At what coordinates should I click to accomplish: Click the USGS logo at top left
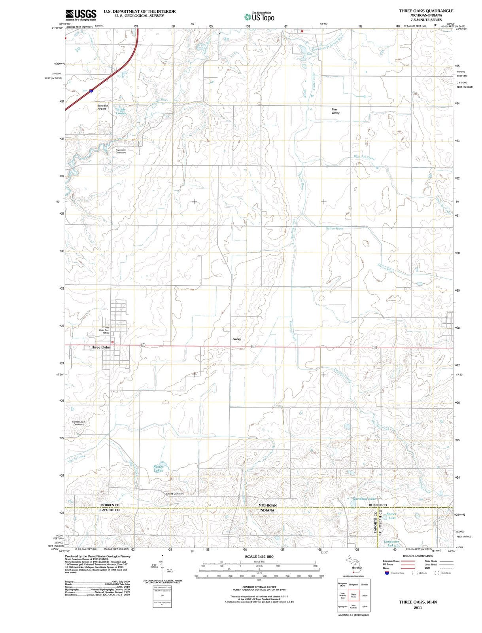pos(81,15)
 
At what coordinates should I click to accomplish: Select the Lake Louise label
pos(121,111)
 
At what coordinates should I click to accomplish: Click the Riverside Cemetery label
pos(121,151)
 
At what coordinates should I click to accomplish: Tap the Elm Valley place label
pos(336,111)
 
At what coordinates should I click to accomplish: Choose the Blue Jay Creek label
pos(364,157)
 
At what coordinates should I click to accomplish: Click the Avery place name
pos(236,339)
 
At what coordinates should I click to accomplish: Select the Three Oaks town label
pos(100,347)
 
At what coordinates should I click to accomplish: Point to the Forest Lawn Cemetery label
pos(78,423)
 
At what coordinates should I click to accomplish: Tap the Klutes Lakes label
pos(158,468)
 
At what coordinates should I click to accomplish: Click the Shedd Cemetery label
pos(175,494)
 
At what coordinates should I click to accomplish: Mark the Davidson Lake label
pos(363,499)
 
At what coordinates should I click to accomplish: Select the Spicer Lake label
pos(392,516)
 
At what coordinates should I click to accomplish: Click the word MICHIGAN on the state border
pos(267,505)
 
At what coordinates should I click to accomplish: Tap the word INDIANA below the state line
pos(267,510)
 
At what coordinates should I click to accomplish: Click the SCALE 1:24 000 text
pos(259,424)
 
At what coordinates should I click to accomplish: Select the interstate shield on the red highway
pos(91,91)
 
